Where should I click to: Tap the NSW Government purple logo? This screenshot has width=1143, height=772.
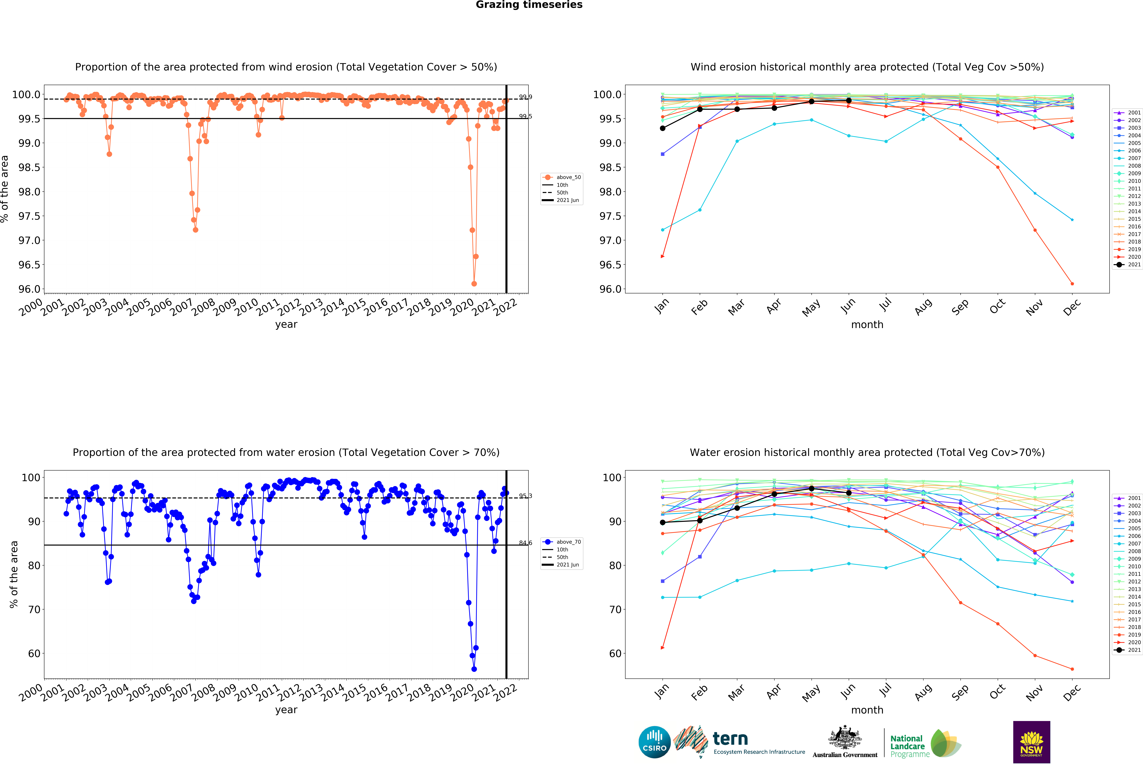pyautogui.click(x=1031, y=742)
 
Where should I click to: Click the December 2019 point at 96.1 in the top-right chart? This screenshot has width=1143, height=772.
pyautogui.click(x=1072, y=284)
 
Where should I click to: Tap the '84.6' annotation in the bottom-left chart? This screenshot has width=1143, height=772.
pyautogui.click(x=525, y=543)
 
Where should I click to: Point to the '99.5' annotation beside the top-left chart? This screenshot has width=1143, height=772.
pyautogui.click(x=525, y=116)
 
